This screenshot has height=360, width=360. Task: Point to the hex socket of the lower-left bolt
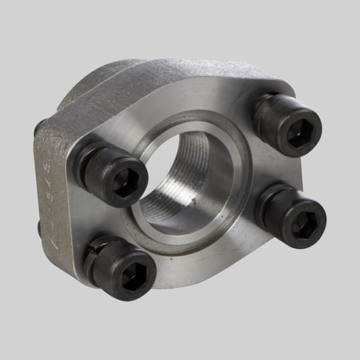click(136, 277)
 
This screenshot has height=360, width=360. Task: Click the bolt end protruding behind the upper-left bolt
click(38, 127)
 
